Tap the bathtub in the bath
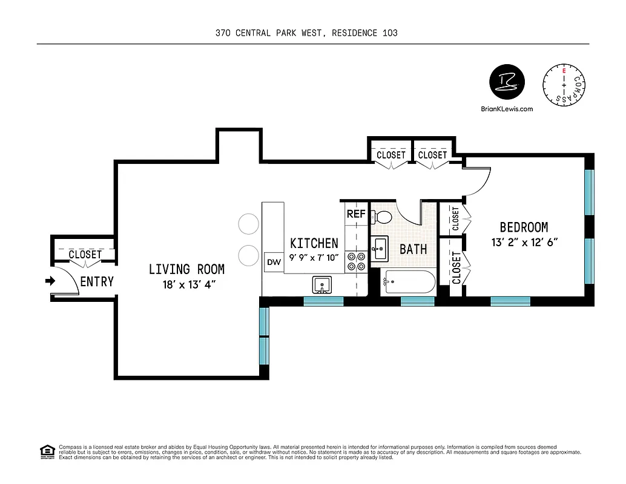pyautogui.click(x=409, y=282)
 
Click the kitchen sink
pyautogui.click(x=321, y=284)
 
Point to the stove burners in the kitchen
pyautogui.click(x=355, y=261)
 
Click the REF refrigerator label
pyautogui.click(x=355, y=214)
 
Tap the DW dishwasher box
pyautogui.click(x=273, y=263)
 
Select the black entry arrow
pyautogui.click(x=50, y=281)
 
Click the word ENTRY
pyautogui.click(x=97, y=281)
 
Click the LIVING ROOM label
pyautogui.click(x=186, y=269)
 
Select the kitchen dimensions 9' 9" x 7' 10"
pyautogui.click(x=314, y=258)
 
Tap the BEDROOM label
pyautogui.click(x=524, y=227)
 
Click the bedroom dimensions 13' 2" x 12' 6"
pyautogui.click(x=524, y=243)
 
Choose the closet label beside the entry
pyautogui.click(x=85, y=255)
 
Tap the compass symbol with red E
pyautogui.click(x=564, y=85)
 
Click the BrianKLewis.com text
pyautogui.click(x=506, y=110)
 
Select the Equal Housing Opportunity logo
pyautogui.click(x=46, y=451)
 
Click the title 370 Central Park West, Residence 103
pyautogui.click(x=306, y=33)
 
